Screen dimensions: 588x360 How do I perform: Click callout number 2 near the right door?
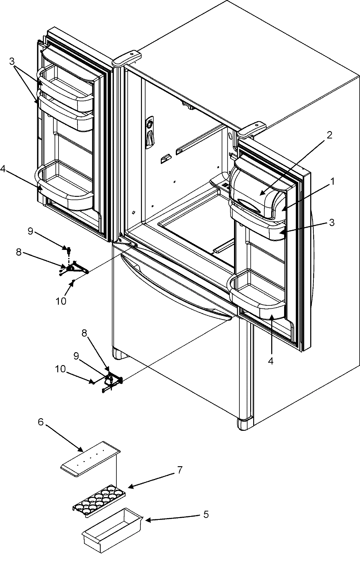329,135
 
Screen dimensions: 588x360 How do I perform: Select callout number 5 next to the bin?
206,515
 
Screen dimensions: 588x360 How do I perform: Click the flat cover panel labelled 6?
90,459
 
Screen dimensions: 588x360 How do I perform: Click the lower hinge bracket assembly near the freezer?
112,381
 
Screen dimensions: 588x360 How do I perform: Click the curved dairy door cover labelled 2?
255,189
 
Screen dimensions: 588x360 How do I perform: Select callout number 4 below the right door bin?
271,361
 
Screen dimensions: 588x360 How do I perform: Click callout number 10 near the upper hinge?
61,301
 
